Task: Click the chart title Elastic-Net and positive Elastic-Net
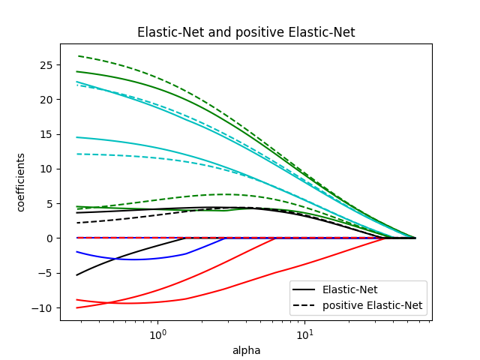pyautogui.click(x=246, y=33)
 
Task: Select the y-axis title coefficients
pyautogui.click(x=21, y=182)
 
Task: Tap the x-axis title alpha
pyautogui.click(x=246, y=350)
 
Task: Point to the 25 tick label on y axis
pyautogui.click(x=46, y=64)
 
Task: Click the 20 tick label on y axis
pyautogui.click(x=46, y=99)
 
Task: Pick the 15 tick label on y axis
pyautogui.click(x=46, y=134)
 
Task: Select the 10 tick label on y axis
pyautogui.click(x=46, y=169)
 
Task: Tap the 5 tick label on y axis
pyautogui.click(x=49, y=203)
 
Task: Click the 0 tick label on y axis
pyautogui.click(x=49, y=238)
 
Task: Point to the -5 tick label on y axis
pyautogui.click(x=46, y=273)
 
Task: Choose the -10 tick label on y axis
pyautogui.click(x=43, y=307)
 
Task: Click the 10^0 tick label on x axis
pyautogui.click(x=157, y=333)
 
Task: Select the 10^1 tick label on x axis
pyautogui.click(x=304, y=333)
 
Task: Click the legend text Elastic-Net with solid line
pyautogui.click(x=349, y=290)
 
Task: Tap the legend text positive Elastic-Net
pyautogui.click(x=372, y=306)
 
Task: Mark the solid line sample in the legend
pyautogui.click(x=305, y=290)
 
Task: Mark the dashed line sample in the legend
pyautogui.click(x=305, y=306)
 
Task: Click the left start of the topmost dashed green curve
pyautogui.click(x=78, y=55)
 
